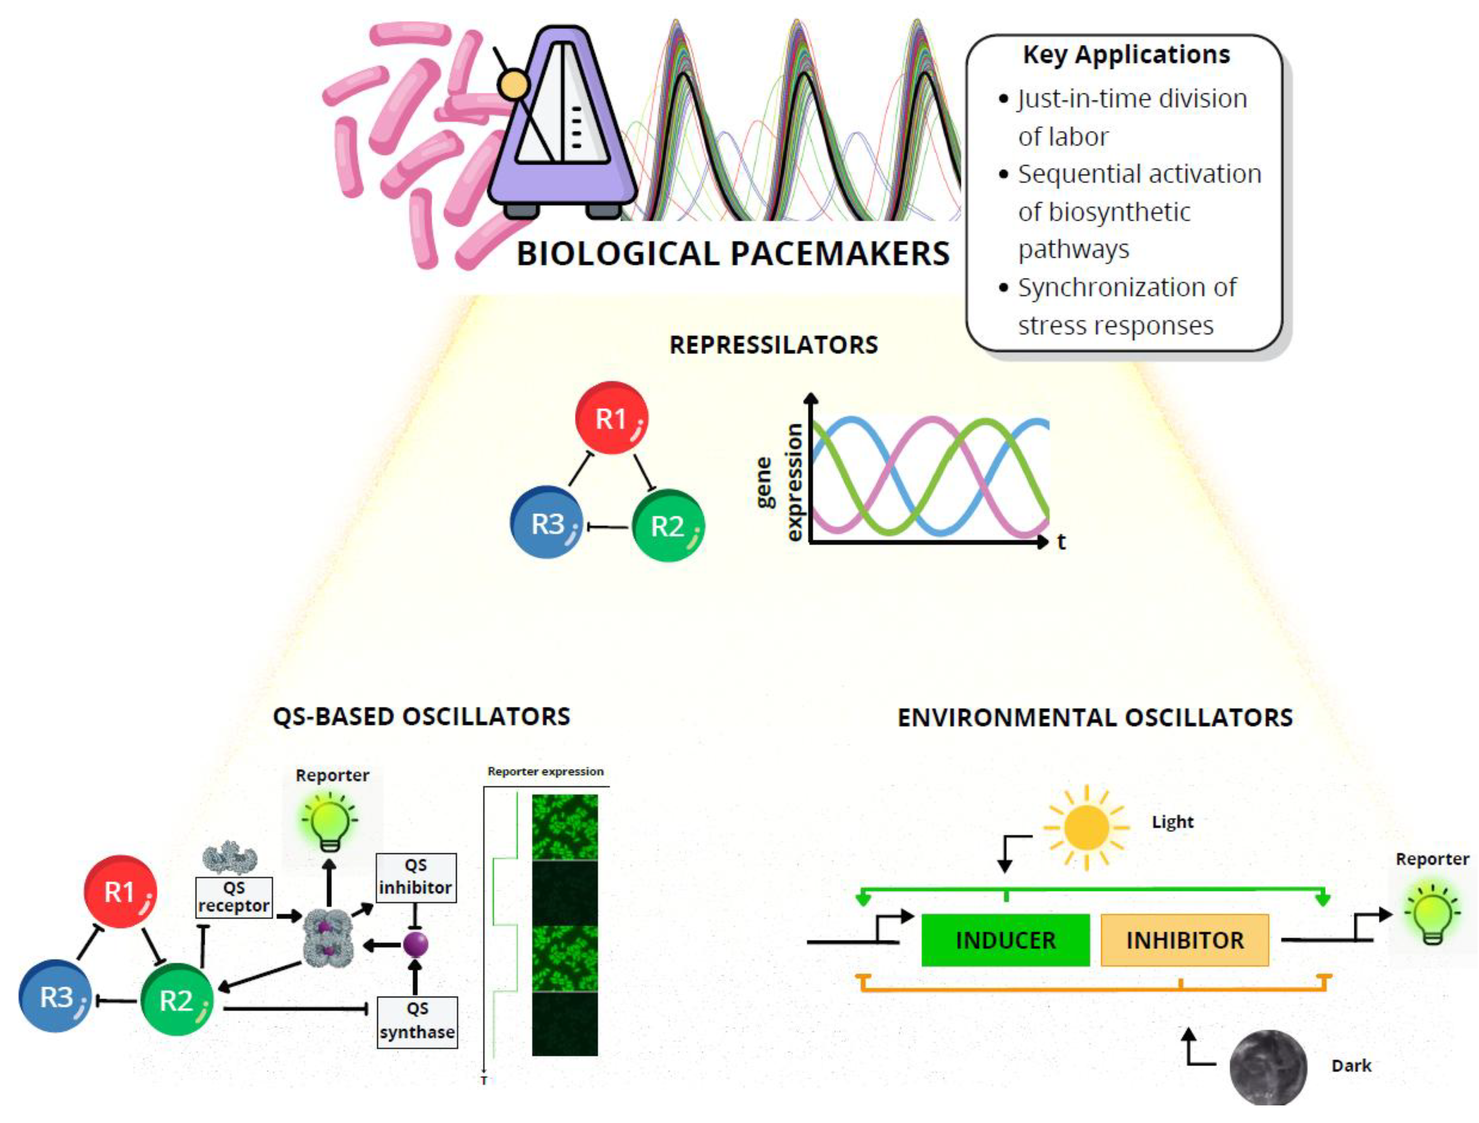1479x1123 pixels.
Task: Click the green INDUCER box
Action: (x=1005, y=940)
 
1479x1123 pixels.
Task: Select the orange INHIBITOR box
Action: (x=1184, y=940)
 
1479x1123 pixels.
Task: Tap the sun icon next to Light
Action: (x=1086, y=828)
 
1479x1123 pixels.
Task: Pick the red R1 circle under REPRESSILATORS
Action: (x=611, y=419)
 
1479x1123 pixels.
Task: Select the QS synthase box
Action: (x=417, y=1021)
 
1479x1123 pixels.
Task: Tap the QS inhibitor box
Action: (x=415, y=877)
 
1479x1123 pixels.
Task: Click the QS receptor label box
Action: (x=234, y=897)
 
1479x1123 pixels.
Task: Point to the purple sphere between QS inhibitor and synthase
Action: (x=415, y=945)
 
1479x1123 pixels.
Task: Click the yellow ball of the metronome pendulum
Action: (x=513, y=85)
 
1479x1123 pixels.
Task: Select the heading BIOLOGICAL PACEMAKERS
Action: (x=733, y=254)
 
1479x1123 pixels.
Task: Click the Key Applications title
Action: (x=1126, y=55)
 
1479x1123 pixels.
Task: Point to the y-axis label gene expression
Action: (x=779, y=481)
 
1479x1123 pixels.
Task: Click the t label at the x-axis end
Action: (x=1062, y=542)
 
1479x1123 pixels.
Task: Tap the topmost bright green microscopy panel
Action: (x=564, y=827)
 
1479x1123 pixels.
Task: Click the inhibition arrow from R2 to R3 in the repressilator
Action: (x=607, y=527)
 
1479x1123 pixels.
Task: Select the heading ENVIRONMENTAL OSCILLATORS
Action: (x=1095, y=717)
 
